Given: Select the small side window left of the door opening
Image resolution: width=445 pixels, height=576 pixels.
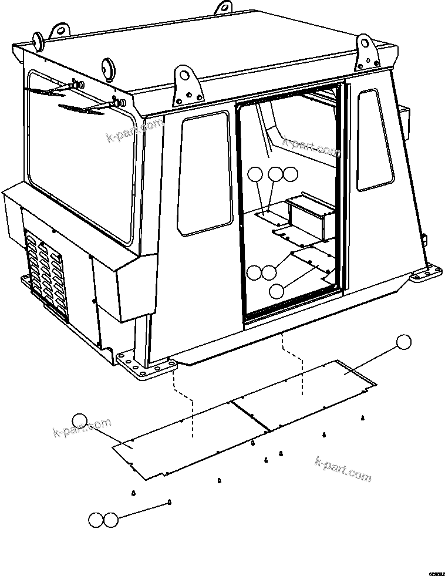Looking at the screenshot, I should click(204, 173).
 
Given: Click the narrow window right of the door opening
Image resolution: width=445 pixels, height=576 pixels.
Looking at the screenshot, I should click(375, 139).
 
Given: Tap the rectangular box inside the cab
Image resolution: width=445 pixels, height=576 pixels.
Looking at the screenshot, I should click(308, 218).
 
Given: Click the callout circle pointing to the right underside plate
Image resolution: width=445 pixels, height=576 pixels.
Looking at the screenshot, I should click(403, 342).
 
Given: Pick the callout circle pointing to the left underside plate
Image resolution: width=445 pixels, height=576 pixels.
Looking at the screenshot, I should click(79, 420).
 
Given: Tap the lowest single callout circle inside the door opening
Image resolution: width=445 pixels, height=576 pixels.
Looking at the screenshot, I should click(277, 290).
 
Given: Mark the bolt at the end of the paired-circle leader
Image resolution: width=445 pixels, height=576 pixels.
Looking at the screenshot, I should click(169, 501).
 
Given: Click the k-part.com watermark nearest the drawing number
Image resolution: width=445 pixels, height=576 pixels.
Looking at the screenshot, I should click(343, 469).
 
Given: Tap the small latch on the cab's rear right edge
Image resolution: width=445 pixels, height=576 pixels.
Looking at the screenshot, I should click(423, 238).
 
